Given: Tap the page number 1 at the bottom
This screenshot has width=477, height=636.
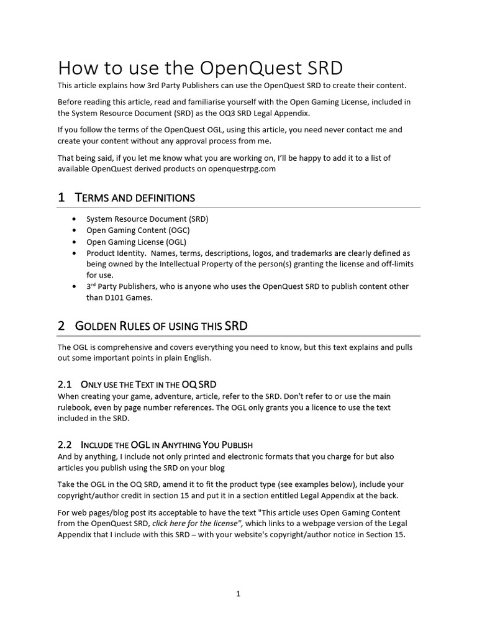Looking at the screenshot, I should tap(238, 594).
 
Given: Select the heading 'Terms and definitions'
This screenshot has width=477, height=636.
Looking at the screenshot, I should tap(135, 198).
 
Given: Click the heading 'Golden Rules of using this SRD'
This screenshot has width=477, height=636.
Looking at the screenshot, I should tap(161, 326).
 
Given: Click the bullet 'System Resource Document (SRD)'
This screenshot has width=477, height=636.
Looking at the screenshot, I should tap(147, 219).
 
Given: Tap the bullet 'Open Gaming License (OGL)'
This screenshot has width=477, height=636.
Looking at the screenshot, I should tap(136, 242).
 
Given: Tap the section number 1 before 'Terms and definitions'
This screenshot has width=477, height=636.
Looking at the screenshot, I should tap(61, 198).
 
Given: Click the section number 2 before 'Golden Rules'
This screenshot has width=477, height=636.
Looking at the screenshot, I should tap(61, 326).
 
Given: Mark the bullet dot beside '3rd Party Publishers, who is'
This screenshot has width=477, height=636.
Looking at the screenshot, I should tap(75, 286).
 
